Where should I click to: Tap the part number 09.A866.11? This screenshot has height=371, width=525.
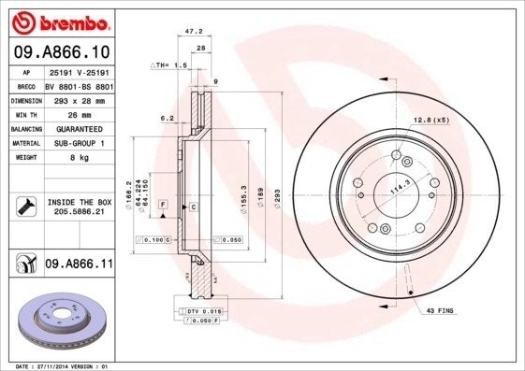(79, 264)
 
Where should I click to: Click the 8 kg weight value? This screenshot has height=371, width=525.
(78, 158)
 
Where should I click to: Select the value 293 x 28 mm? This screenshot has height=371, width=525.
(78, 98)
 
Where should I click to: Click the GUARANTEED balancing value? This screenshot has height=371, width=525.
(79, 128)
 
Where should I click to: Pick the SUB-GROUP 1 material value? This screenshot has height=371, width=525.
(79, 143)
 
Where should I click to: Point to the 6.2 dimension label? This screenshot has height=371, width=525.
(166, 118)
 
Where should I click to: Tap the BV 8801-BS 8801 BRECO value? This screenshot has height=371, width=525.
(78, 84)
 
